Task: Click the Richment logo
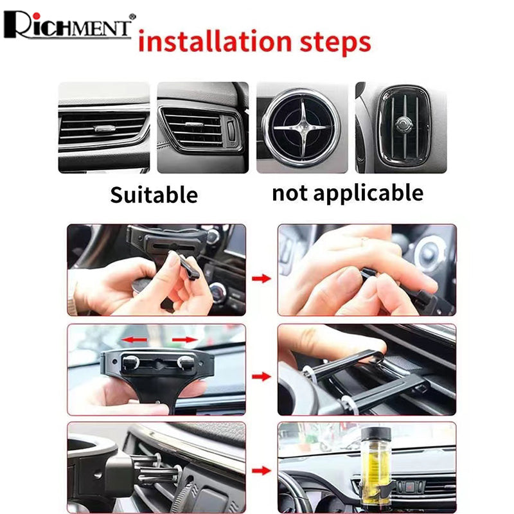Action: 69,25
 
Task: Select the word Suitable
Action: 154,195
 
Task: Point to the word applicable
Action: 368,193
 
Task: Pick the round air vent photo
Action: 302,127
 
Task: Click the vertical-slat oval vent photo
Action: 401,127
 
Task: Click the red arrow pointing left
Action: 134,340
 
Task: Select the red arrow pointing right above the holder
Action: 185,340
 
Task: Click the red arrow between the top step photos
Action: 261,279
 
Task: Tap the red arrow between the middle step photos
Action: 261,377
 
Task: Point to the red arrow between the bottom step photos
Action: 261,471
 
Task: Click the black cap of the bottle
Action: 376,434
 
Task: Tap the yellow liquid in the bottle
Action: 375,469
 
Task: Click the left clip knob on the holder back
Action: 130,362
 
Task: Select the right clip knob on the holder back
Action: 186,362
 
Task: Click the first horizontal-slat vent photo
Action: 104,127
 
